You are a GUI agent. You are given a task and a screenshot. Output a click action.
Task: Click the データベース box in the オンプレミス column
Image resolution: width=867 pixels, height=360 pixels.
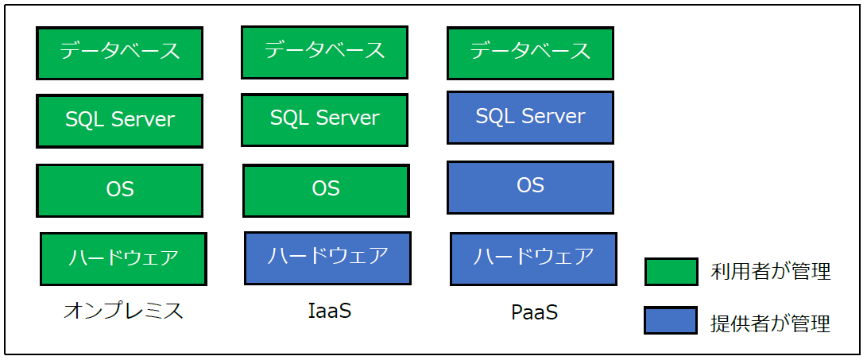pos(119,53)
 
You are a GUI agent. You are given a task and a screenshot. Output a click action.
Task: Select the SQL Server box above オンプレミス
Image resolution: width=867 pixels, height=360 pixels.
pos(119,121)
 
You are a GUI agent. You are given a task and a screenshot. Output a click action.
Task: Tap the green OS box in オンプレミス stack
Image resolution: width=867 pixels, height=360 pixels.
pos(119,191)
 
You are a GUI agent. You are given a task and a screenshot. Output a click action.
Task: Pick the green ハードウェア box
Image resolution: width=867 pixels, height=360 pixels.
pos(123,258)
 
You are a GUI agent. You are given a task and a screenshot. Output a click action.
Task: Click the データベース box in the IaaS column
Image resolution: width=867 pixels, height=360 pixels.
pos(324,52)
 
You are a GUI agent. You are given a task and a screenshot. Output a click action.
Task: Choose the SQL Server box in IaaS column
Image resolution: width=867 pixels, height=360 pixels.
pos(324,120)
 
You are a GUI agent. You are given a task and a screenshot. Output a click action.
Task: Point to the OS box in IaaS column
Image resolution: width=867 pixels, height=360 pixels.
pos(326,190)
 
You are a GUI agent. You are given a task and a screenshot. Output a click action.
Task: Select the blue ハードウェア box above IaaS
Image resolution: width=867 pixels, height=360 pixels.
pos(327,257)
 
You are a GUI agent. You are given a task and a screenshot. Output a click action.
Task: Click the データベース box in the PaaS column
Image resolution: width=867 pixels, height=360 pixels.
pos(530,53)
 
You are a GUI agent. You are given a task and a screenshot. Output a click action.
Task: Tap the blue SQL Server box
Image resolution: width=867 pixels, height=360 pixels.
pos(530,118)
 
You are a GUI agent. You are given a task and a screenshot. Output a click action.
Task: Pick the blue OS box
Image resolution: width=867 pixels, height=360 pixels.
pos(530,188)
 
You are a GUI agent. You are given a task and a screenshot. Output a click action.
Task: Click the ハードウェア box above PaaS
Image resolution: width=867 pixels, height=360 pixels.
pos(533,258)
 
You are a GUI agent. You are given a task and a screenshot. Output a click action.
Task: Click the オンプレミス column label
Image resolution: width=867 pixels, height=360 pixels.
pos(123,311)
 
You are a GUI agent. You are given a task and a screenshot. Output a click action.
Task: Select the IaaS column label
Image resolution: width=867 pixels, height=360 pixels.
pos(329,311)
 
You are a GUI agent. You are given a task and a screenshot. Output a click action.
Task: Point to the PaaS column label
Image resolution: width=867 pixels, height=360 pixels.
pos(534,312)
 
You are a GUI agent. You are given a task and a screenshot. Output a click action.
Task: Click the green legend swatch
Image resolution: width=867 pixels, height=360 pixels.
pos(671,272)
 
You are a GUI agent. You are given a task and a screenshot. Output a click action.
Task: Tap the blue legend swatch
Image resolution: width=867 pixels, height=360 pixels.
pos(671,321)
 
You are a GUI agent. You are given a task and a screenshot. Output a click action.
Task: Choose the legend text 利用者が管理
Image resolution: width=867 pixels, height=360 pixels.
pos(770,272)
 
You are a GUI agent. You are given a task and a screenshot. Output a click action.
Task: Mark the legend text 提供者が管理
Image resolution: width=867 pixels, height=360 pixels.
pos(770,323)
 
